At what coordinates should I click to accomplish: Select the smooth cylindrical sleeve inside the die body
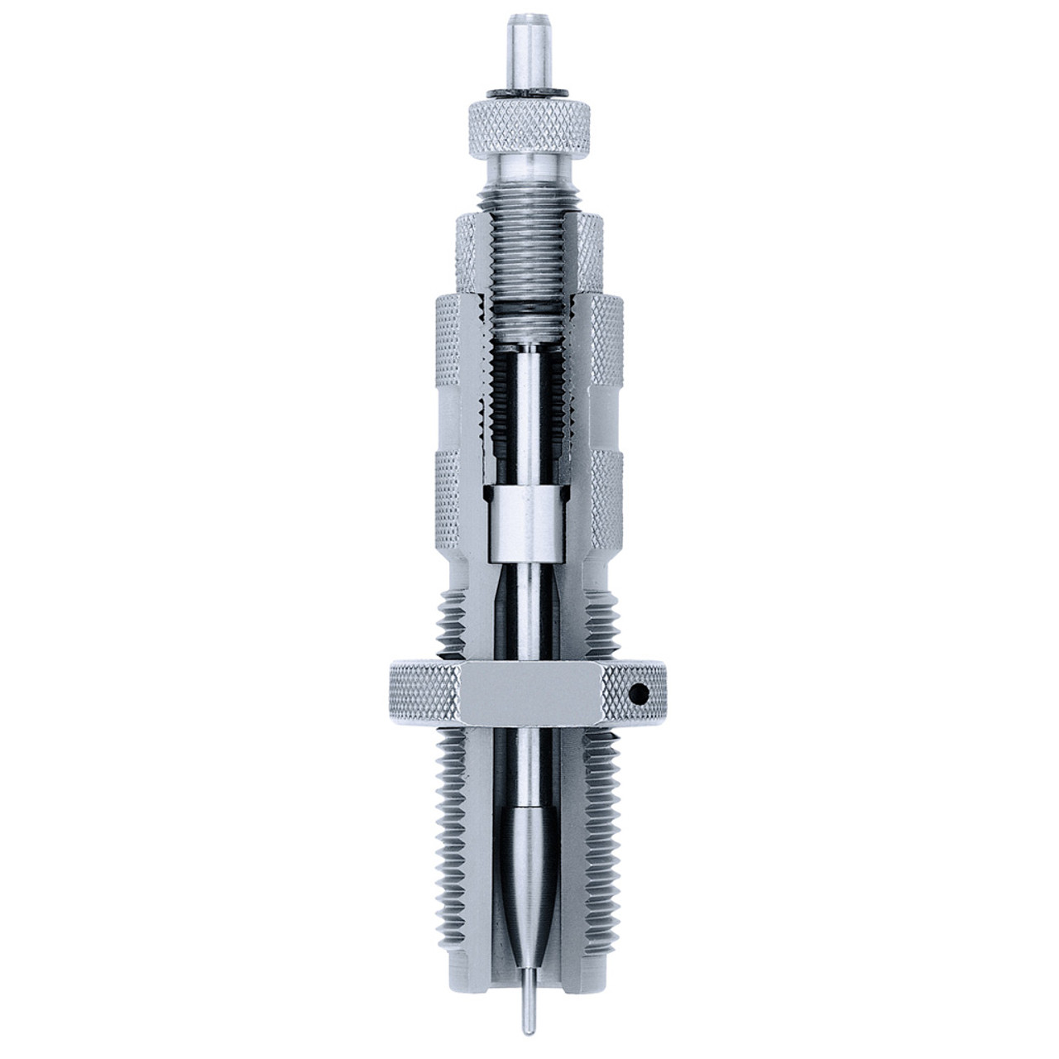529,513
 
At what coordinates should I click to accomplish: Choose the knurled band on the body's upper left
453,331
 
